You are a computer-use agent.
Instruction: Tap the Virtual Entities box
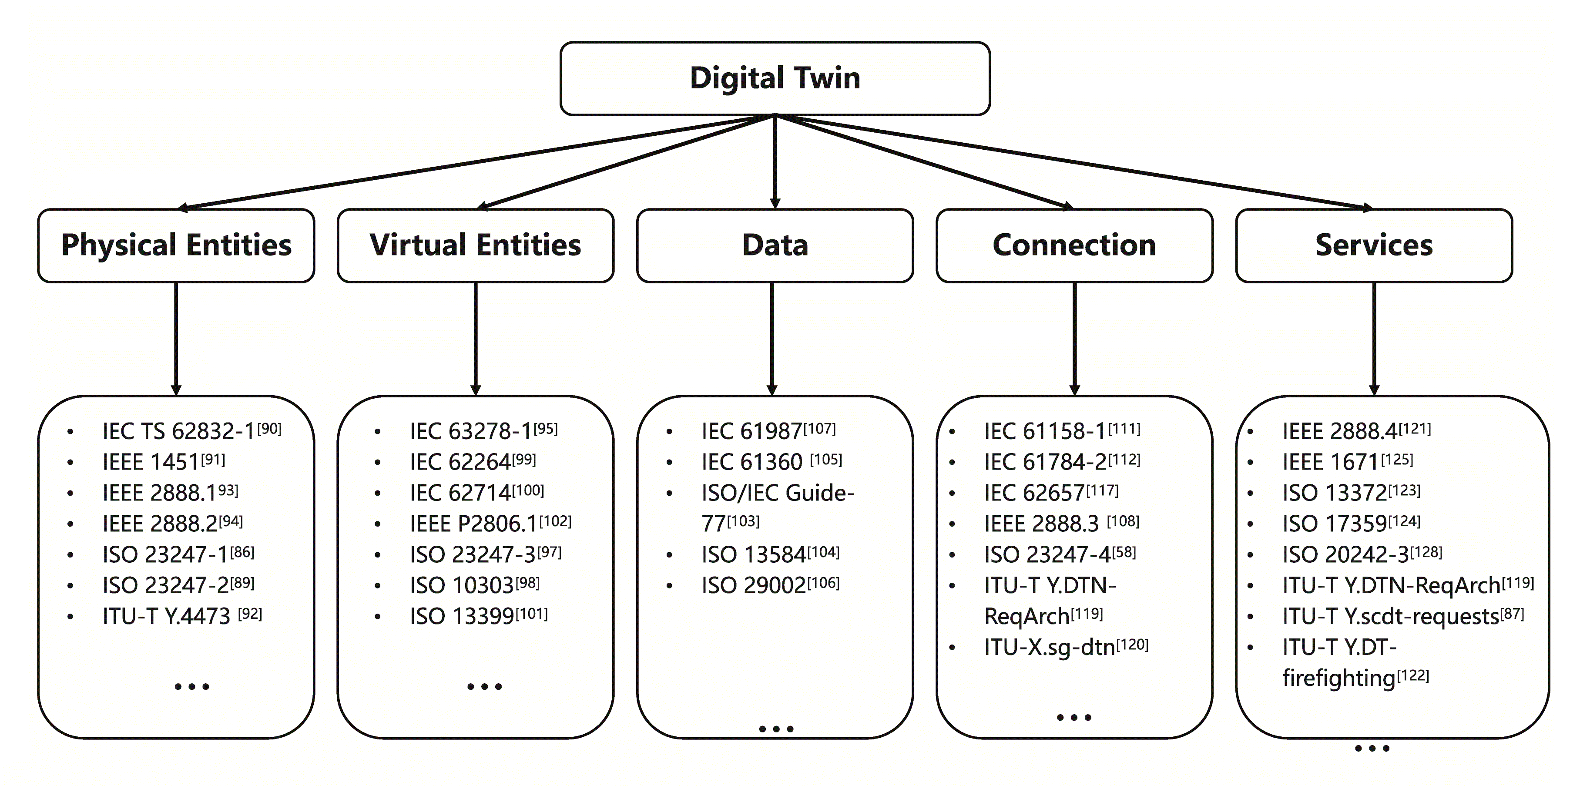475,245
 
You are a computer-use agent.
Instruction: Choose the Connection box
1074,245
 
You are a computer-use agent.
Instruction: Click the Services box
1374,245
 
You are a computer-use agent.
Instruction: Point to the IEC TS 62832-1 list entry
178,431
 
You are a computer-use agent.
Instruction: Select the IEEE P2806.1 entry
473,524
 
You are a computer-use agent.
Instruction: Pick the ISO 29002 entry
754,585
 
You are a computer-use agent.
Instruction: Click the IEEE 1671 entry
1330,462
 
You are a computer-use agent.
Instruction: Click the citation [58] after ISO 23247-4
1124,551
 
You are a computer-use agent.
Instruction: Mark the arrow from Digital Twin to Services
1074,162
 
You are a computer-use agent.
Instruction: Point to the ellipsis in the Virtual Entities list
485,686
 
